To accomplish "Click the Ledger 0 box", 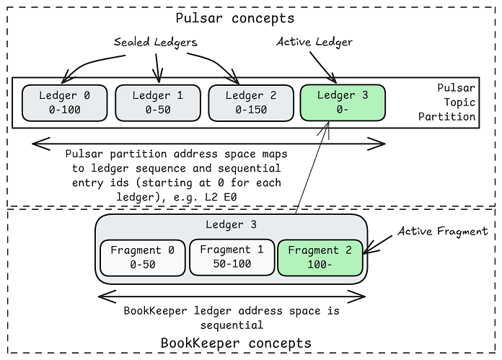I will click(65, 102).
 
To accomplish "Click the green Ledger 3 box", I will click(342, 102).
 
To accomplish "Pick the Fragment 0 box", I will click(142, 258).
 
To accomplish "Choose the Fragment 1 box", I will click(231, 258).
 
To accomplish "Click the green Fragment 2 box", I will click(319, 258).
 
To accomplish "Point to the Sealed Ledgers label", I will click(156, 43).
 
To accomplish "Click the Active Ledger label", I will click(314, 42).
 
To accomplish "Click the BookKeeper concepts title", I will click(236, 343).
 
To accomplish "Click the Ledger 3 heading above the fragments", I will click(232, 224).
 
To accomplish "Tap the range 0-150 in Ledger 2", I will click(250, 110).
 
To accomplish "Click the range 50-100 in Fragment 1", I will click(231, 265).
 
